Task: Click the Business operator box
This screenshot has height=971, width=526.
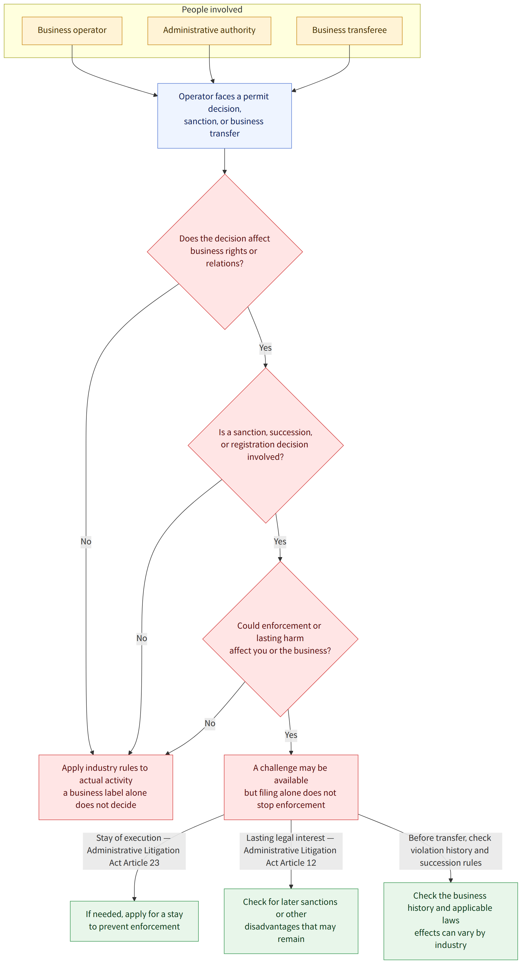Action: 72,31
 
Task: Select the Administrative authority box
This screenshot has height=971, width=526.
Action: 209,31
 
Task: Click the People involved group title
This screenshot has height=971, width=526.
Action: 212,9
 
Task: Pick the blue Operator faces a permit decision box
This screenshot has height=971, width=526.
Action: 224,115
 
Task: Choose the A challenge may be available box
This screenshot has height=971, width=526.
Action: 291,787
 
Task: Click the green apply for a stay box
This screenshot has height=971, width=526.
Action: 134,921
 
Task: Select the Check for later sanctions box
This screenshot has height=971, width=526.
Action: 291,921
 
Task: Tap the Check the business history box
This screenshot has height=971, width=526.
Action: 451,921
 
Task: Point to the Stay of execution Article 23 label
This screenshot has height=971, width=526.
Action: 134,851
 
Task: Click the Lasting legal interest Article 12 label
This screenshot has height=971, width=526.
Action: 291,851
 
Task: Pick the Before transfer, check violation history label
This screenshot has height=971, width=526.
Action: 451,851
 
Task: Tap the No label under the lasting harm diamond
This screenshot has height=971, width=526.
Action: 210,723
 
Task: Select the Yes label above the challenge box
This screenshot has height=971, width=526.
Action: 291,735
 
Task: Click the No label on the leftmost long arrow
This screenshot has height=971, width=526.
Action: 86,542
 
